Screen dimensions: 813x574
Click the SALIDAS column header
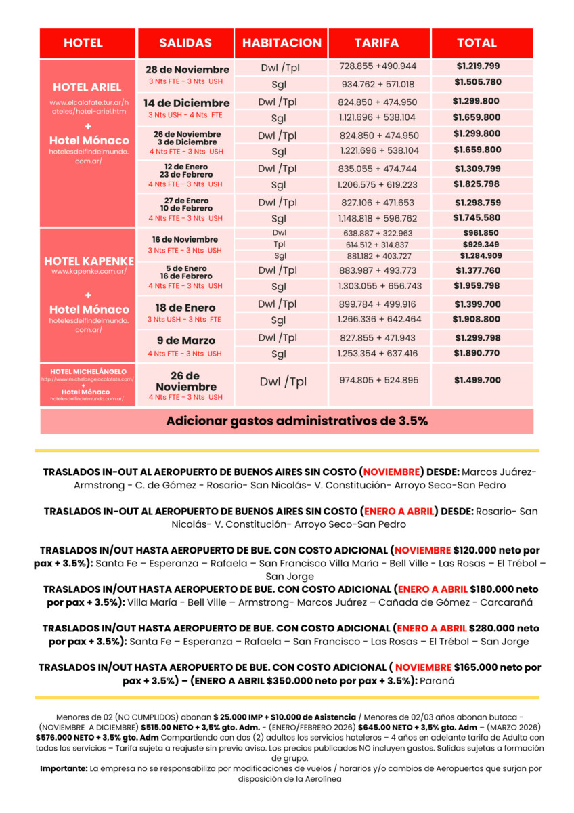(x=185, y=43)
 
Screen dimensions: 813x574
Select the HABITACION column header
(x=282, y=43)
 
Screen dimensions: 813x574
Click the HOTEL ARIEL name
(x=87, y=87)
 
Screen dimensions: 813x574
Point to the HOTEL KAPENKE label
(x=89, y=261)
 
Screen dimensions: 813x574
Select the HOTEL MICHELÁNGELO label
(x=87, y=371)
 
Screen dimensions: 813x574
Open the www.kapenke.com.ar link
(x=89, y=271)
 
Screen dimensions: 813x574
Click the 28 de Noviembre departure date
(x=187, y=70)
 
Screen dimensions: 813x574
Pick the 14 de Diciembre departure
(x=187, y=103)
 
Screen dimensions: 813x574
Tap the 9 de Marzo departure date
(x=186, y=340)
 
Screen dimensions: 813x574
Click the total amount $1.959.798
(x=477, y=286)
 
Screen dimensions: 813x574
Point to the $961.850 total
(x=481, y=233)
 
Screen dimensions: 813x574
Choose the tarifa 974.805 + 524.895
(x=378, y=381)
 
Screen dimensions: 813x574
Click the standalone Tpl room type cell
(x=280, y=245)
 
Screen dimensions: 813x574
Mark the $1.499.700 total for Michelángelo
(x=477, y=381)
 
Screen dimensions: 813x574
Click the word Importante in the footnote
(x=62, y=769)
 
